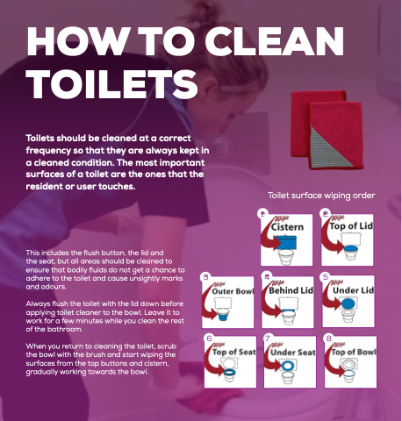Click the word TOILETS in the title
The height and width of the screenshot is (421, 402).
(112, 84)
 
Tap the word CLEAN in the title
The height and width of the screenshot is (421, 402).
(275, 41)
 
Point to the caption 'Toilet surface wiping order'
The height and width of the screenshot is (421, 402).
(321, 196)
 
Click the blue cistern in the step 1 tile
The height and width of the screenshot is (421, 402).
(286, 243)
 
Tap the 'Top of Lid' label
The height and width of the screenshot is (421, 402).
(351, 225)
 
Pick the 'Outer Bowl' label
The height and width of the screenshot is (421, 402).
(233, 291)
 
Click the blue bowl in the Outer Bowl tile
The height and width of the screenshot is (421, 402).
(225, 317)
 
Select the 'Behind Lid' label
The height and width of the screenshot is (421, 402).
(291, 290)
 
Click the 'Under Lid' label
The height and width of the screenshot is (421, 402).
(353, 290)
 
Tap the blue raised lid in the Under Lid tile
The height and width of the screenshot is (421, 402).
(348, 303)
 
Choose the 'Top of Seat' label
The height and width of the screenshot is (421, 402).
(234, 352)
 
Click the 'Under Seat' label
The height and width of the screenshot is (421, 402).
(293, 353)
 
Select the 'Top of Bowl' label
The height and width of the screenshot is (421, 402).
(354, 352)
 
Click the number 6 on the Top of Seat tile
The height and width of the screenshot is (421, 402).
(209, 339)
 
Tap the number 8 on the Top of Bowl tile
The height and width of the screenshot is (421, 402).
(329, 339)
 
